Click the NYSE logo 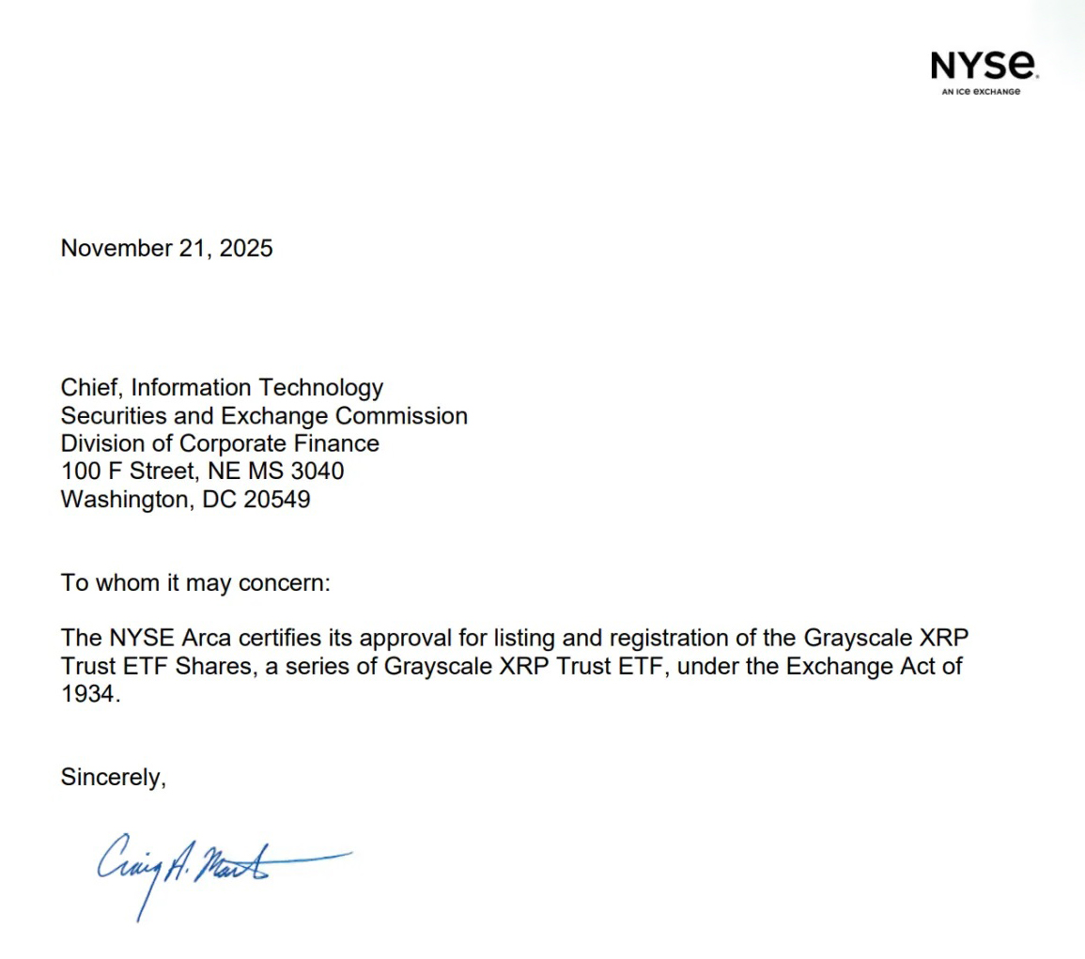tap(984, 66)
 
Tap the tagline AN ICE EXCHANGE tap(981, 92)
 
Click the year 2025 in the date tap(246, 249)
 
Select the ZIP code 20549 tap(277, 500)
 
